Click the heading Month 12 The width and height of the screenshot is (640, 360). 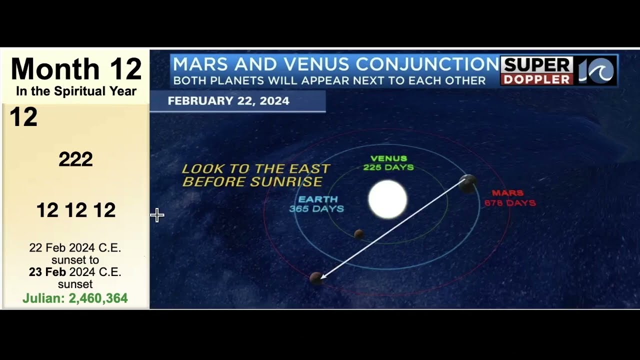coord(76,69)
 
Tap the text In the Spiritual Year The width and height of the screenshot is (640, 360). coord(76,91)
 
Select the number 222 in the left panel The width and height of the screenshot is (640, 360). coord(75,159)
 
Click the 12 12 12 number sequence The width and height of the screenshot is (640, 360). coord(76,210)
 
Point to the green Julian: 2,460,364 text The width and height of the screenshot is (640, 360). coord(75,298)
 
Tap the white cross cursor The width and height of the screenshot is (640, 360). coord(157,215)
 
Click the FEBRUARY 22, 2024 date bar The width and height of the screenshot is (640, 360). coord(228,101)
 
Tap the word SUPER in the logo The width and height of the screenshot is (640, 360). coord(536,65)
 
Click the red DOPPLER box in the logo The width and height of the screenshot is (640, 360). coord(536,79)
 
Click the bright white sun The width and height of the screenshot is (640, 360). coord(387,199)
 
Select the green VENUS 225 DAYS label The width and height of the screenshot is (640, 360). coord(388,163)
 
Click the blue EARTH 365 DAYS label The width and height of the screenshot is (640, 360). coord(317,204)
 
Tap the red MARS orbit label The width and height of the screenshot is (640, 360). coord(509,198)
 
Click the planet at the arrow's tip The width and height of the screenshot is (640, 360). coord(315,278)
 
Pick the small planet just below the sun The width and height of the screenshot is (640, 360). coord(358,234)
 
